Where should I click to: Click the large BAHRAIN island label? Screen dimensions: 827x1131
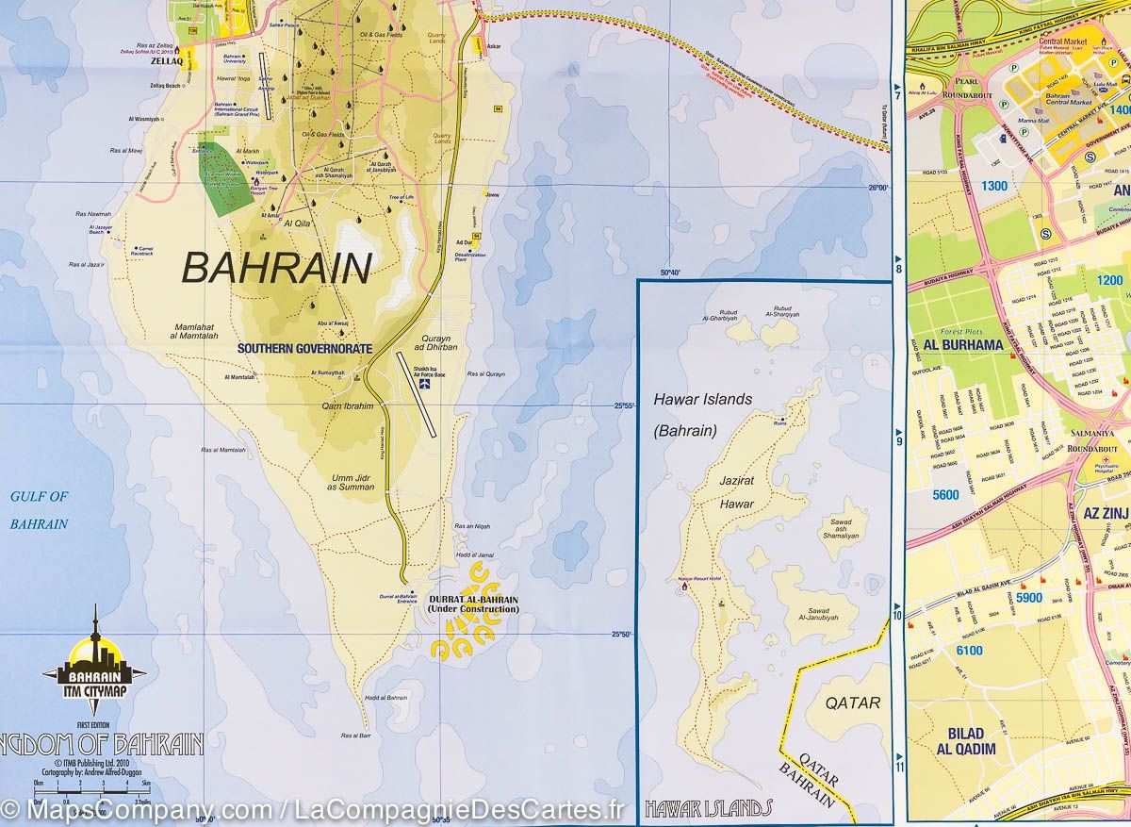coord(277,269)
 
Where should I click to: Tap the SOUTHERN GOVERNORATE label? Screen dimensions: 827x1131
coord(304,349)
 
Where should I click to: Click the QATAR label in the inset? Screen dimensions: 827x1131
coord(852,703)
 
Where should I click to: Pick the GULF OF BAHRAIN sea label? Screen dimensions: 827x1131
coord(40,510)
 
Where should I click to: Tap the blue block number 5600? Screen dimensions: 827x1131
coord(944,495)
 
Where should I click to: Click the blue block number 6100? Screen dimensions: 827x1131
coord(968,651)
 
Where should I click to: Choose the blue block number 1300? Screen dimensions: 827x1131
coord(993,186)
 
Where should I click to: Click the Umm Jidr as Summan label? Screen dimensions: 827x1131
coord(352,482)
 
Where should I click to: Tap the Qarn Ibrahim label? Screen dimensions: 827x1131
coord(348,406)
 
